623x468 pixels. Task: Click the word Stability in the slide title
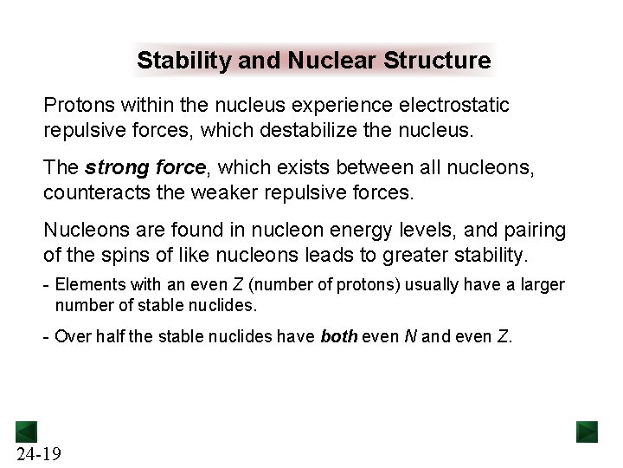pos(177,62)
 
